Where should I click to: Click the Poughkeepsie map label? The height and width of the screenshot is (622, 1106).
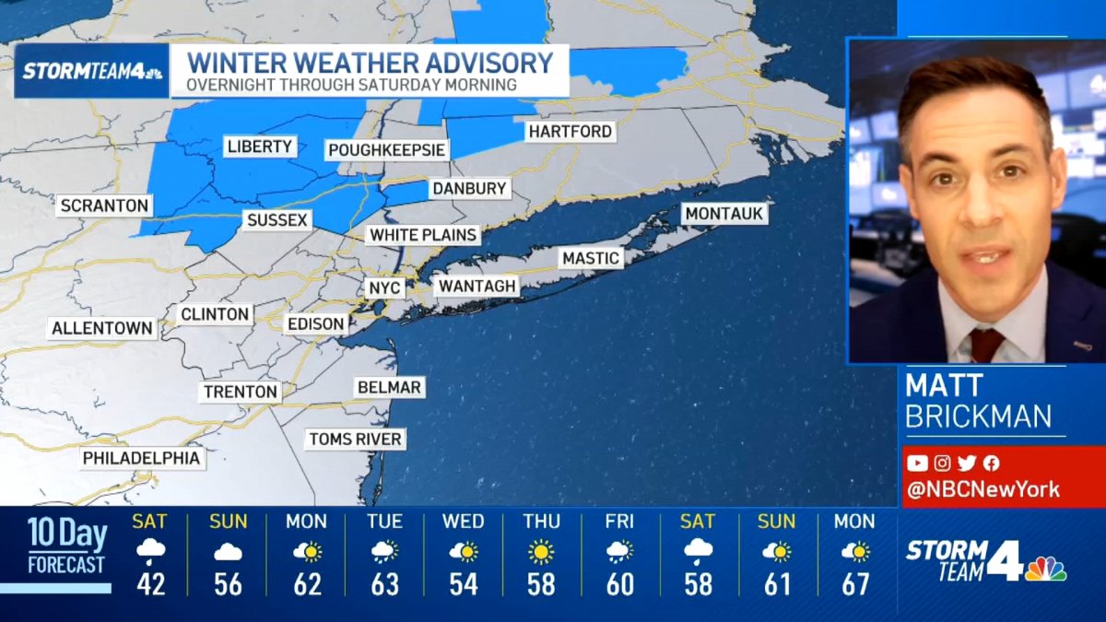[x=387, y=150]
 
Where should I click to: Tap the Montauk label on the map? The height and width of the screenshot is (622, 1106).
[x=724, y=214]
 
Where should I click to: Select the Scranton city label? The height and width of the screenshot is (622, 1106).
[x=103, y=205]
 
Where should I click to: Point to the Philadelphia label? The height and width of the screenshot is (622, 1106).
[x=141, y=458]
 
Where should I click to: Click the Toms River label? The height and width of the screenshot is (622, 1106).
[x=355, y=439]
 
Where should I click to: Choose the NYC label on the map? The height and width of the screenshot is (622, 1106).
[x=384, y=288]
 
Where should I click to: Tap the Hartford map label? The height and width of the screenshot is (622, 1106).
[x=570, y=132]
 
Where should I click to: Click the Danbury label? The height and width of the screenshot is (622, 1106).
[x=469, y=189]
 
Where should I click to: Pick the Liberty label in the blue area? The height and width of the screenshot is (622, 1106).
[x=259, y=147]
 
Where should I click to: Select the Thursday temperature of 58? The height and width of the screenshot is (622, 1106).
[x=542, y=584]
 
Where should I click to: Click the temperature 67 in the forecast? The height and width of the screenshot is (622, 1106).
[x=854, y=584]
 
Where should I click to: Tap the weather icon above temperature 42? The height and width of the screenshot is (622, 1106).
[x=150, y=552]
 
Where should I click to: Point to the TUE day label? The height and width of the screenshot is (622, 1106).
[x=384, y=522]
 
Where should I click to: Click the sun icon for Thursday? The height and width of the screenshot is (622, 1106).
[x=542, y=552]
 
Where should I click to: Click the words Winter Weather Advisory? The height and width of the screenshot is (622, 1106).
[x=370, y=64]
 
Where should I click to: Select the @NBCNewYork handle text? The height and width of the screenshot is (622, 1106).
[x=983, y=489]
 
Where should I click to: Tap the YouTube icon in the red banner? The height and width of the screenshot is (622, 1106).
[x=917, y=464]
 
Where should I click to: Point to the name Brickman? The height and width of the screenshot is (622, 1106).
[x=978, y=417]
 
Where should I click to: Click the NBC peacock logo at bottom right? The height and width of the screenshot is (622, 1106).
[x=1046, y=569]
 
